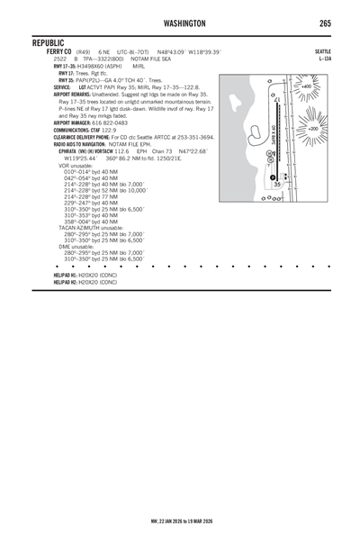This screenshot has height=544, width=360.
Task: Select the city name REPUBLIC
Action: tap(51, 43)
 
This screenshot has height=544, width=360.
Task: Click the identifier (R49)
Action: tap(83, 52)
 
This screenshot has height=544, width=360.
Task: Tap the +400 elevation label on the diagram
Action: tap(307, 86)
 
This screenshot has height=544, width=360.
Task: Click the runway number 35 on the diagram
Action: tap(278, 184)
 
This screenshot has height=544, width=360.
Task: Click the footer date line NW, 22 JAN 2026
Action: tap(180, 521)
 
